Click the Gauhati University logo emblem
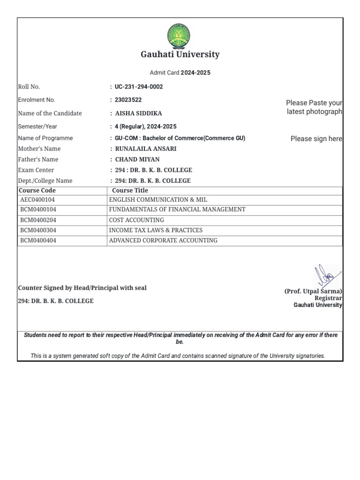coord(180,36)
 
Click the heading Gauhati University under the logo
coord(180,54)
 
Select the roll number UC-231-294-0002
coord(139,87)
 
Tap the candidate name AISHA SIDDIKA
coord(139,113)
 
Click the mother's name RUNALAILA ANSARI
coord(146,149)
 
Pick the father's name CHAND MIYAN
coord(137,159)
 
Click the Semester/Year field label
coord(37,127)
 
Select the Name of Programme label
coord(45,138)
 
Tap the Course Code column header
coord(37,190)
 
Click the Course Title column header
coord(130,190)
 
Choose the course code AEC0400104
coord(37,200)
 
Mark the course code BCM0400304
coord(37,230)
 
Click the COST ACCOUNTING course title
coord(136,220)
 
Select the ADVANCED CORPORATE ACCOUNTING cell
coord(163,240)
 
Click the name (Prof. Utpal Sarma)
coord(313,291)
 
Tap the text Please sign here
coord(316,139)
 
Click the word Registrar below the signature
coord(328,298)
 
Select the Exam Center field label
coord(36,170)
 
